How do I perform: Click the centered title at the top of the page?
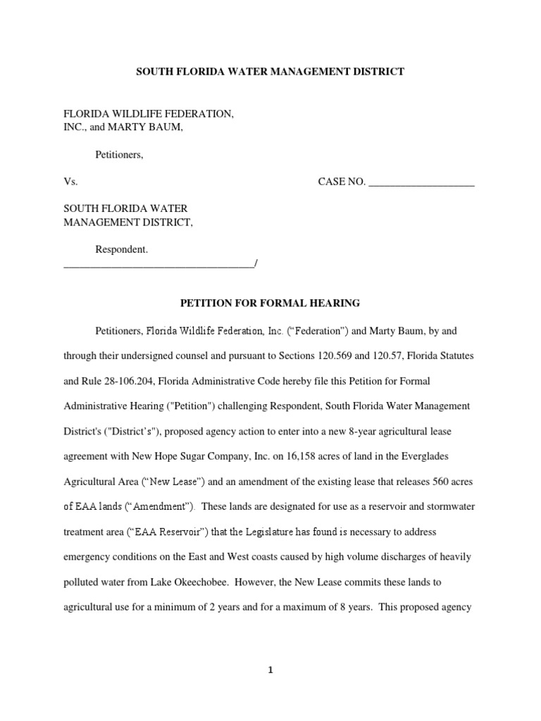pos(270,72)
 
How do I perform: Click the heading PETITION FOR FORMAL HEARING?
pos(270,303)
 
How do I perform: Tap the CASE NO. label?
pos(342,182)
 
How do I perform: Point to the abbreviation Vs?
pos(70,182)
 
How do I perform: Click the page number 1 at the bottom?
pos(270,671)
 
